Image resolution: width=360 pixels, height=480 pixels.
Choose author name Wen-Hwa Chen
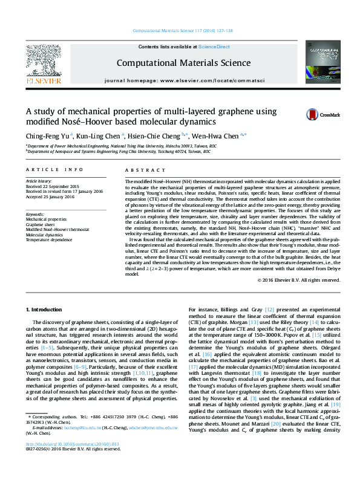pyautogui.click(x=223, y=136)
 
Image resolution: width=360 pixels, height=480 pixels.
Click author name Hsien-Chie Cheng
pyautogui.click(x=159, y=136)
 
